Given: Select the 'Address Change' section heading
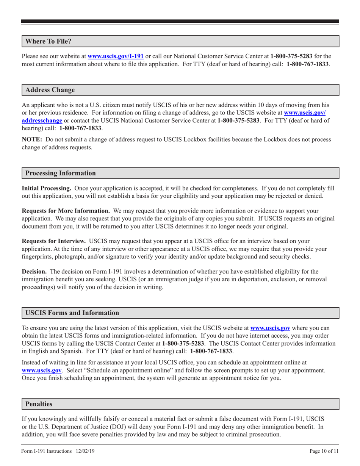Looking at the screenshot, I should tap(50, 90).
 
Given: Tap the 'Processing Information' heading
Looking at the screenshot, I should tap(60, 173).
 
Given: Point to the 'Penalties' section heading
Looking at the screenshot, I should tap(39, 404).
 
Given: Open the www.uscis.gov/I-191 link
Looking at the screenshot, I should tap(116, 56).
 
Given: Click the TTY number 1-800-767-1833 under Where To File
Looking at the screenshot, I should tap(308, 64).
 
